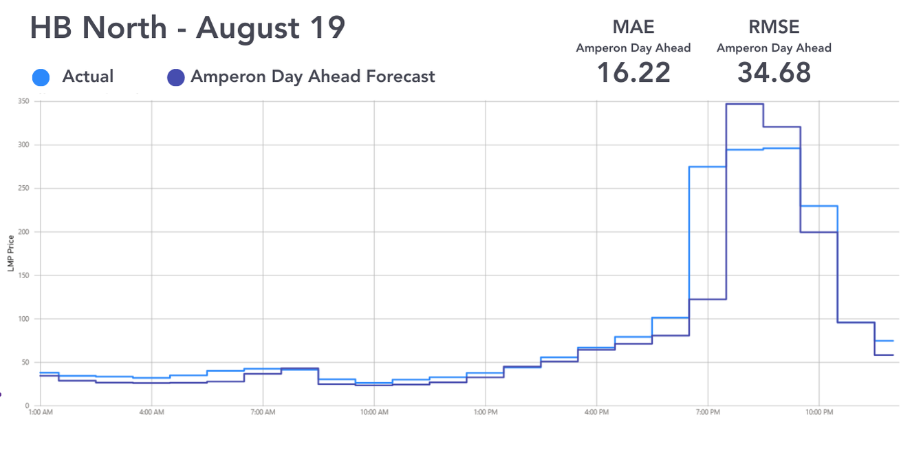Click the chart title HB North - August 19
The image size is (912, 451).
pyautogui.click(x=187, y=28)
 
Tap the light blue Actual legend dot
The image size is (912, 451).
pyautogui.click(x=41, y=78)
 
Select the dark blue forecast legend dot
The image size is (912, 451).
pyautogui.click(x=176, y=78)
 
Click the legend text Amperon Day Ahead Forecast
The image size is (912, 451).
pyautogui.click(x=313, y=76)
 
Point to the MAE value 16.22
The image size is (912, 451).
pyautogui.click(x=633, y=72)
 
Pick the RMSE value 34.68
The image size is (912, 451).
pyautogui.click(x=774, y=72)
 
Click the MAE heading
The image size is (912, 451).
pyautogui.click(x=633, y=27)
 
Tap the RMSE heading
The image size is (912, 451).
pyautogui.click(x=774, y=27)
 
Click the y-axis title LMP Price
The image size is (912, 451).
pyautogui.click(x=11, y=254)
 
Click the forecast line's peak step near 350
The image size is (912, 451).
pyautogui.click(x=745, y=104)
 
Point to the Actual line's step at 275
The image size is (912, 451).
pyautogui.click(x=708, y=167)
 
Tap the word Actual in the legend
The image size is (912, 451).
pyautogui.click(x=88, y=76)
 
